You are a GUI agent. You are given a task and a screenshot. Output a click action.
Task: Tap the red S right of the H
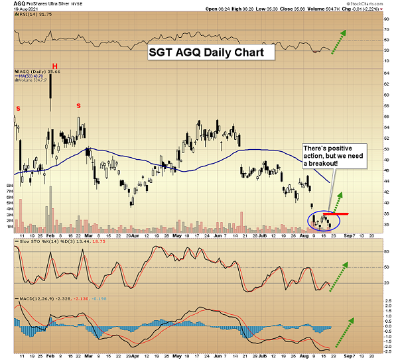(78, 105)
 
